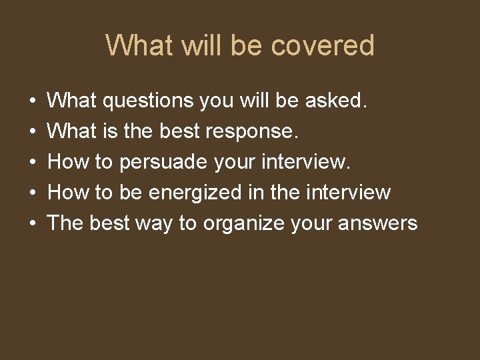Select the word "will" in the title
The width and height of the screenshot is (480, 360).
pyautogui.click(x=198, y=46)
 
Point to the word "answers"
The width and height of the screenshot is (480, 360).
pyautogui.click(x=377, y=223)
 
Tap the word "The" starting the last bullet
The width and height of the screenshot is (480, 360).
pyautogui.click(x=65, y=223)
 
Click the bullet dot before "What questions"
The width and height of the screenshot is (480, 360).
pyautogui.click(x=33, y=102)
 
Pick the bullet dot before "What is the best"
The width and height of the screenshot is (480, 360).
pyautogui.click(x=33, y=132)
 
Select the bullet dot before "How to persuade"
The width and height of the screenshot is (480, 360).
pyautogui.click(x=33, y=163)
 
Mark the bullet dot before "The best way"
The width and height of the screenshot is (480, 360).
pyautogui.click(x=33, y=223)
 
